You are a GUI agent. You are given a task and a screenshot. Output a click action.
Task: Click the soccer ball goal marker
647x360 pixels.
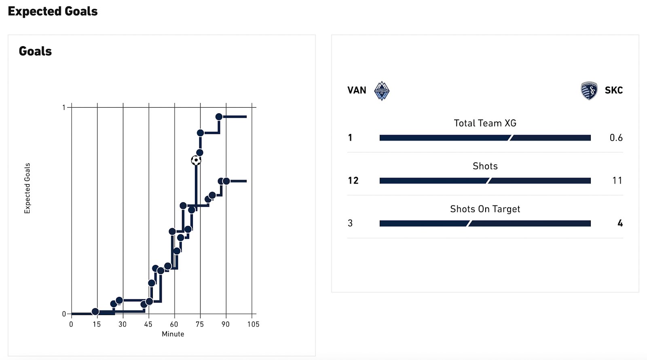[x=196, y=161]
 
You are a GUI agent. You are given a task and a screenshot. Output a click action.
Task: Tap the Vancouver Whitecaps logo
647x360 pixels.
[x=381, y=91]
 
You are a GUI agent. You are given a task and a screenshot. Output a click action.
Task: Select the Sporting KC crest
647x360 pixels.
[x=589, y=91]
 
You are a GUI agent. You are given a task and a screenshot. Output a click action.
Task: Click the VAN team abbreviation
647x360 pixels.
[x=357, y=90]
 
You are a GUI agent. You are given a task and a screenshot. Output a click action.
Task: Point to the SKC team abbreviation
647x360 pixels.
[x=613, y=90]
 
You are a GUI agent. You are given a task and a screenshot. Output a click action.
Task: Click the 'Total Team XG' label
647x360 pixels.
[x=485, y=123]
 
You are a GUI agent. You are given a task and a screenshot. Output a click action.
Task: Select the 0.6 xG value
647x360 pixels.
[x=616, y=138]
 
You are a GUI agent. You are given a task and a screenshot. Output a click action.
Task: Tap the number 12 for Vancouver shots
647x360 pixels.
[x=353, y=180]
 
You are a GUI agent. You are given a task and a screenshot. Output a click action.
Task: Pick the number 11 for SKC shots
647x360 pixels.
[x=617, y=180]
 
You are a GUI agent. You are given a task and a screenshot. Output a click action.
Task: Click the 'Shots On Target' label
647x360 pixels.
[x=485, y=209]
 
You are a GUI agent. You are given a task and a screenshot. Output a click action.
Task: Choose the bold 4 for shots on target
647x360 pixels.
[x=620, y=223]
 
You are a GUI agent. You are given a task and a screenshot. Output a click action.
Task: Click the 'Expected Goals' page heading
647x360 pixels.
[x=53, y=11]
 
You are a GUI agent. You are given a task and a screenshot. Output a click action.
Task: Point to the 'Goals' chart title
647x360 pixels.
[x=35, y=51]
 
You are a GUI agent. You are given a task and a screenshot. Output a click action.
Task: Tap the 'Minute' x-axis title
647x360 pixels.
[x=173, y=334]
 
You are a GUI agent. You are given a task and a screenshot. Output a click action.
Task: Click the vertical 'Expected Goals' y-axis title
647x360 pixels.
[x=27, y=188]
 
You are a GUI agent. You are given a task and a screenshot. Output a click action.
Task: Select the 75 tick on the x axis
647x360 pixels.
[x=200, y=324]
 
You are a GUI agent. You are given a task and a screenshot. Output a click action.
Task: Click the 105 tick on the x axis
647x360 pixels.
[x=253, y=324]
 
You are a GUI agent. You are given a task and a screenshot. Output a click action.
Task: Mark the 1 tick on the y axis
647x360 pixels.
[x=63, y=108]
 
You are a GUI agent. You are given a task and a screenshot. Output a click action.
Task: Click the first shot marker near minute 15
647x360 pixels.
[x=95, y=311]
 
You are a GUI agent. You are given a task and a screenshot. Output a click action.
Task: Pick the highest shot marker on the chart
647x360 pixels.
[x=219, y=117]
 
